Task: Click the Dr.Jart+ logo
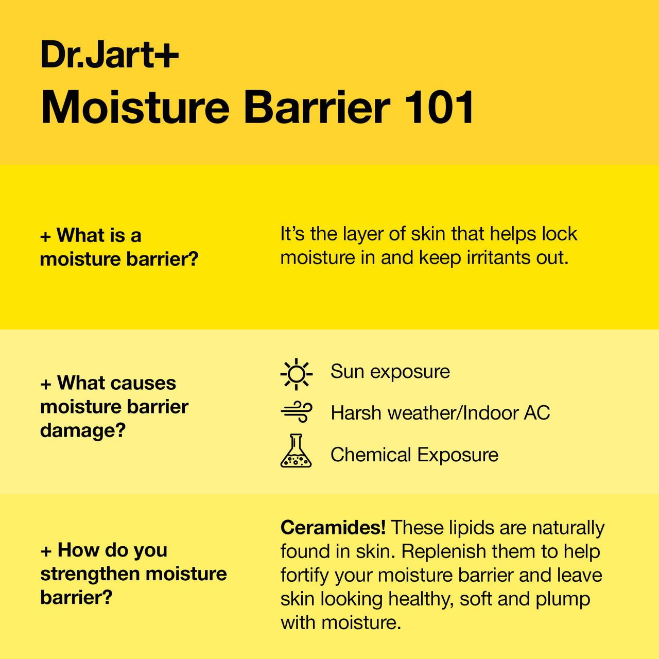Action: (x=110, y=54)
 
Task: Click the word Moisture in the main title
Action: (x=135, y=107)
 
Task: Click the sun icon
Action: (x=296, y=374)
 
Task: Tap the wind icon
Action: (x=296, y=412)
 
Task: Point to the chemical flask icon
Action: (x=296, y=450)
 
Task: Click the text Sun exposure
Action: (x=390, y=371)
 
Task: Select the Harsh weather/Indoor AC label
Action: (x=440, y=413)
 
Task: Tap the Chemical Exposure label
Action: (x=414, y=455)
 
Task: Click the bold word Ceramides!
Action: (x=333, y=527)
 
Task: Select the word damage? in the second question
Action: (x=83, y=430)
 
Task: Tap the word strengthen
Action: (x=91, y=574)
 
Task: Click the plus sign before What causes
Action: (x=46, y=385)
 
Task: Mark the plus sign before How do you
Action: (x=46, y=551)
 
